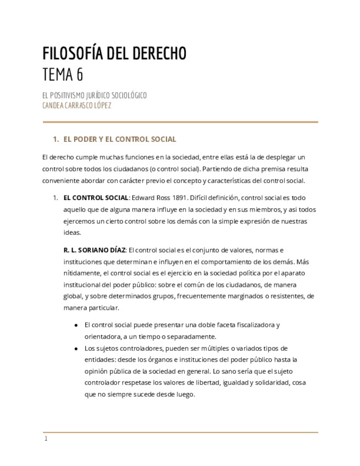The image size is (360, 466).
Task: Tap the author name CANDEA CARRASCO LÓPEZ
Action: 77,105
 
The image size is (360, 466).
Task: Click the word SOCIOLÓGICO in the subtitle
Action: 128,96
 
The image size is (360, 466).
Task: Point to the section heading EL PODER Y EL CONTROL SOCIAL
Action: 120,139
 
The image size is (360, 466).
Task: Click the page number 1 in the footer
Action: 46,439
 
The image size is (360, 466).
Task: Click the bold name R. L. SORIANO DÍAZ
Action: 95,249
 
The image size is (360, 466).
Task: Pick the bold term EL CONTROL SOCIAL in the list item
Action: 96,197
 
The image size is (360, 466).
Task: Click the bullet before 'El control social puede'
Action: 76,325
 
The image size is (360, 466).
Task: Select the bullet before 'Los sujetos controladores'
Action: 76,348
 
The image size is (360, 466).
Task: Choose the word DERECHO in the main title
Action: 159,53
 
